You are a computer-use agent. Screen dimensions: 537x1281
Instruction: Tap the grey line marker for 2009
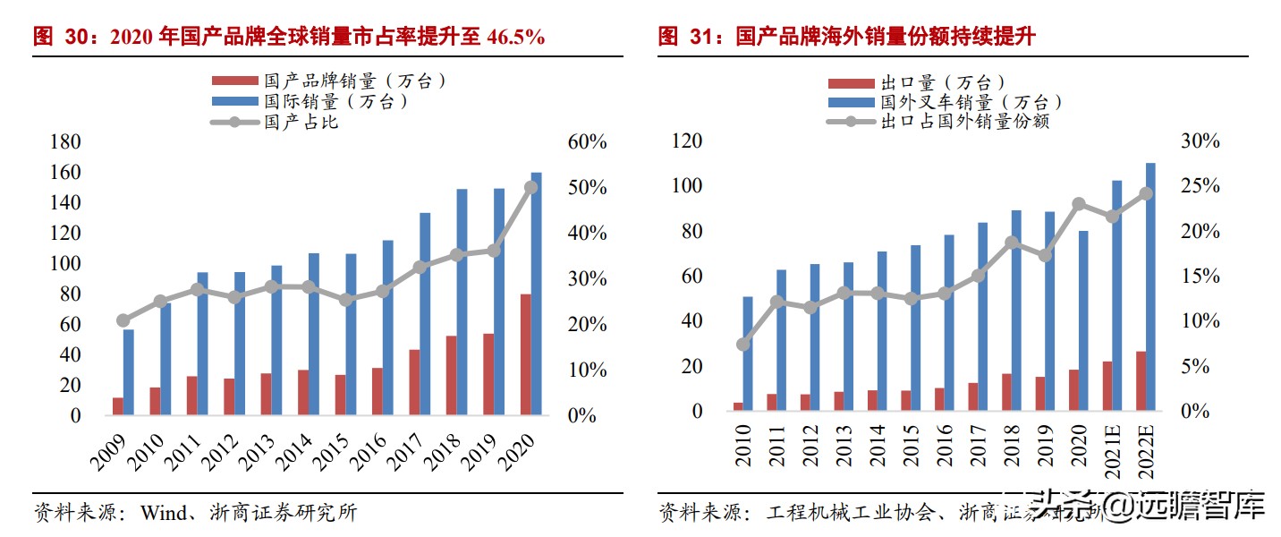click(123, 320)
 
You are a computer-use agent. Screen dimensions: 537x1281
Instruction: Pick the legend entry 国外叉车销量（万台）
click(971, 102)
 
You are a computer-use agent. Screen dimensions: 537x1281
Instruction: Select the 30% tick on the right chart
click(1199, 141)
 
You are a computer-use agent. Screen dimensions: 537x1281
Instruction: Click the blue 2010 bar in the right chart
click(748, 354)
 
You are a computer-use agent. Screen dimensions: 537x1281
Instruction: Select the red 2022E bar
click(1141, 380)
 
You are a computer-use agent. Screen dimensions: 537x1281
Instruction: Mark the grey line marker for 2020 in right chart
click(1079, 204)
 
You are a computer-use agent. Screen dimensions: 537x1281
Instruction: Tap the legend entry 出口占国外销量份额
click(964, 121)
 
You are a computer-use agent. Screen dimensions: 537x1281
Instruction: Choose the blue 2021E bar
click(1116, 295)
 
